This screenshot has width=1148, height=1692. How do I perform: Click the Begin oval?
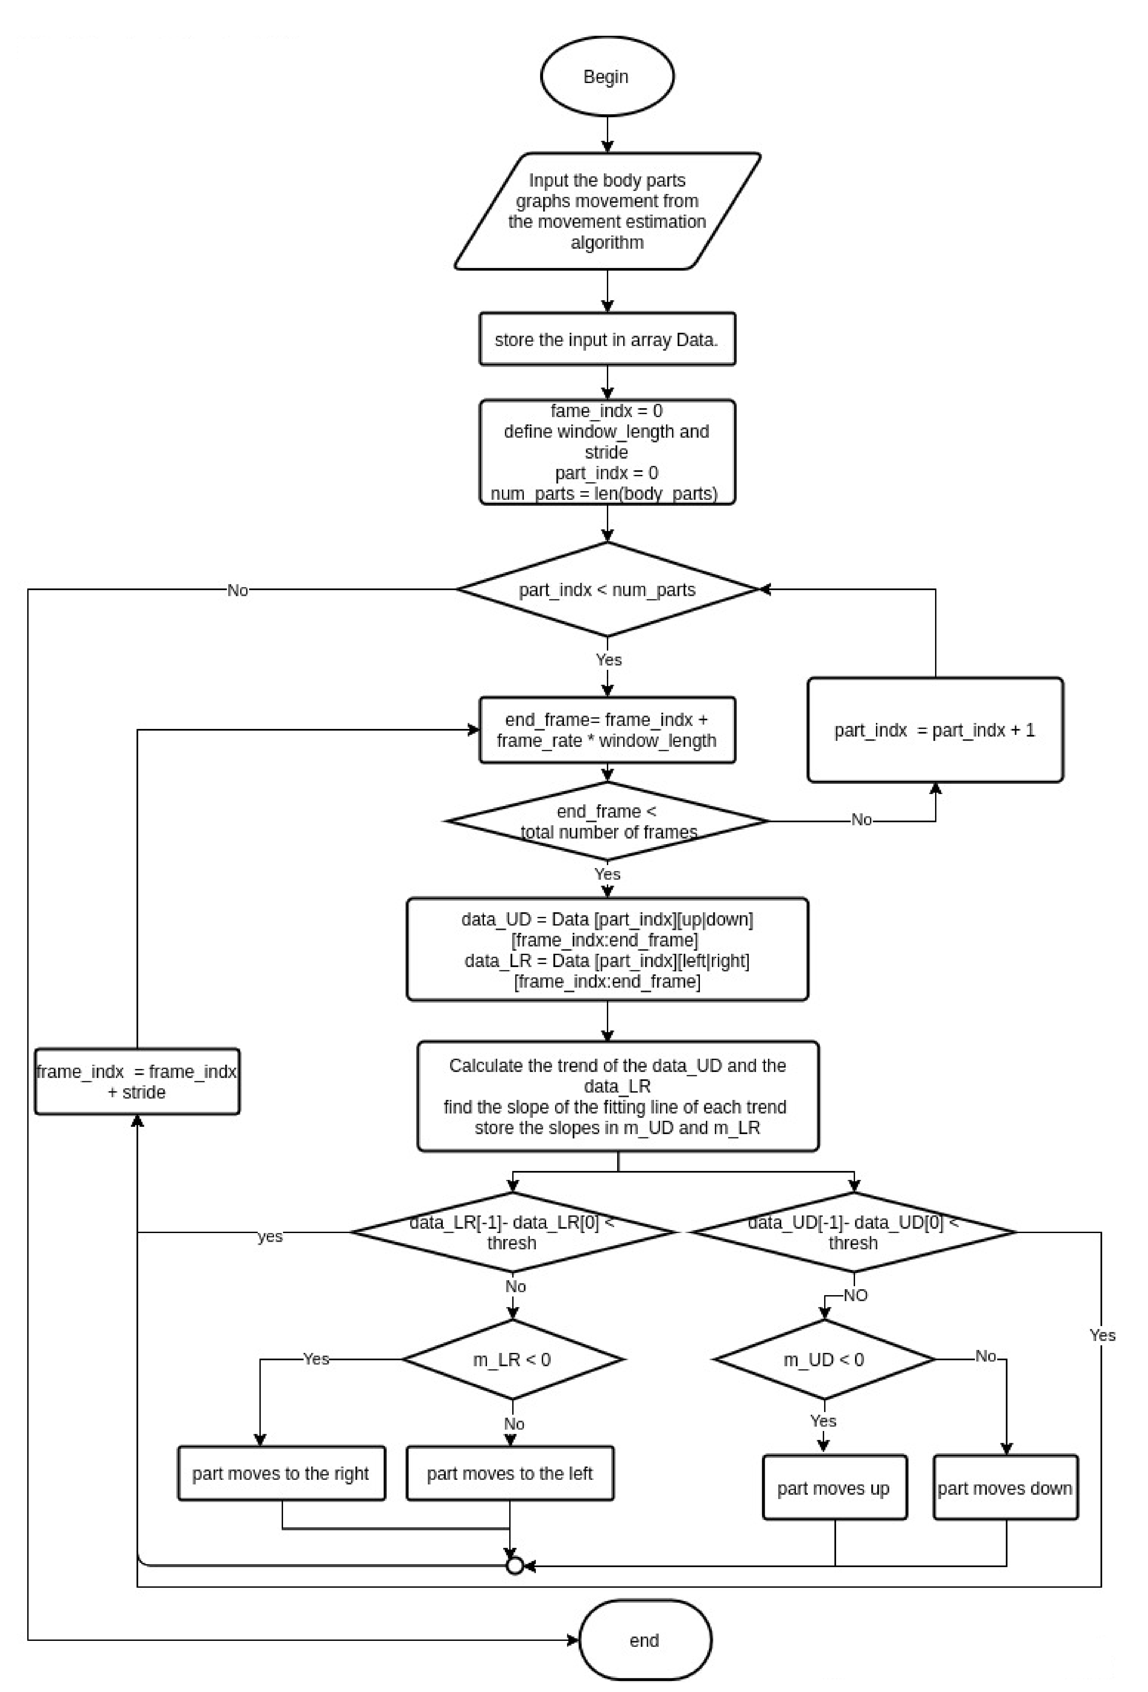[607, 76]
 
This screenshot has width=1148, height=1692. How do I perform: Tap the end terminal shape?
[645, 1640]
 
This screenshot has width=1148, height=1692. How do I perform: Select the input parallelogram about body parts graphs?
[607, 211]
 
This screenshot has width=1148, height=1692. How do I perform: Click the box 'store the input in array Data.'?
[607, 339]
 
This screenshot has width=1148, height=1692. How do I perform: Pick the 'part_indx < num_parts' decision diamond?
[607, 590]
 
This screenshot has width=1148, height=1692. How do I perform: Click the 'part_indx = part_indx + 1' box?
[934, 730]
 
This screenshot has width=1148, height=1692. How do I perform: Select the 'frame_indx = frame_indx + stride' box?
[137, 1082]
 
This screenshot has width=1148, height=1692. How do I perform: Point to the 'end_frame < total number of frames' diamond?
[607, 821]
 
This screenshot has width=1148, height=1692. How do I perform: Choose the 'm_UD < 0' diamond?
[824, 1359]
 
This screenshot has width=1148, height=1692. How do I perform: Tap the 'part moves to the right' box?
[281, 1473]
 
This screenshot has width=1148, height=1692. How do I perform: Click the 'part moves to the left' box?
[510, 1473]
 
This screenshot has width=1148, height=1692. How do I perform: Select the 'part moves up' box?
[834, 1488]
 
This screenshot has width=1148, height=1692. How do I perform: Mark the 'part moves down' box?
[1005, 1488]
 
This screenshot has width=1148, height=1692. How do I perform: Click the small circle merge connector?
[514, 1566]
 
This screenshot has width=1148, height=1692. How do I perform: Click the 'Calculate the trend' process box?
[618, 1097]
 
